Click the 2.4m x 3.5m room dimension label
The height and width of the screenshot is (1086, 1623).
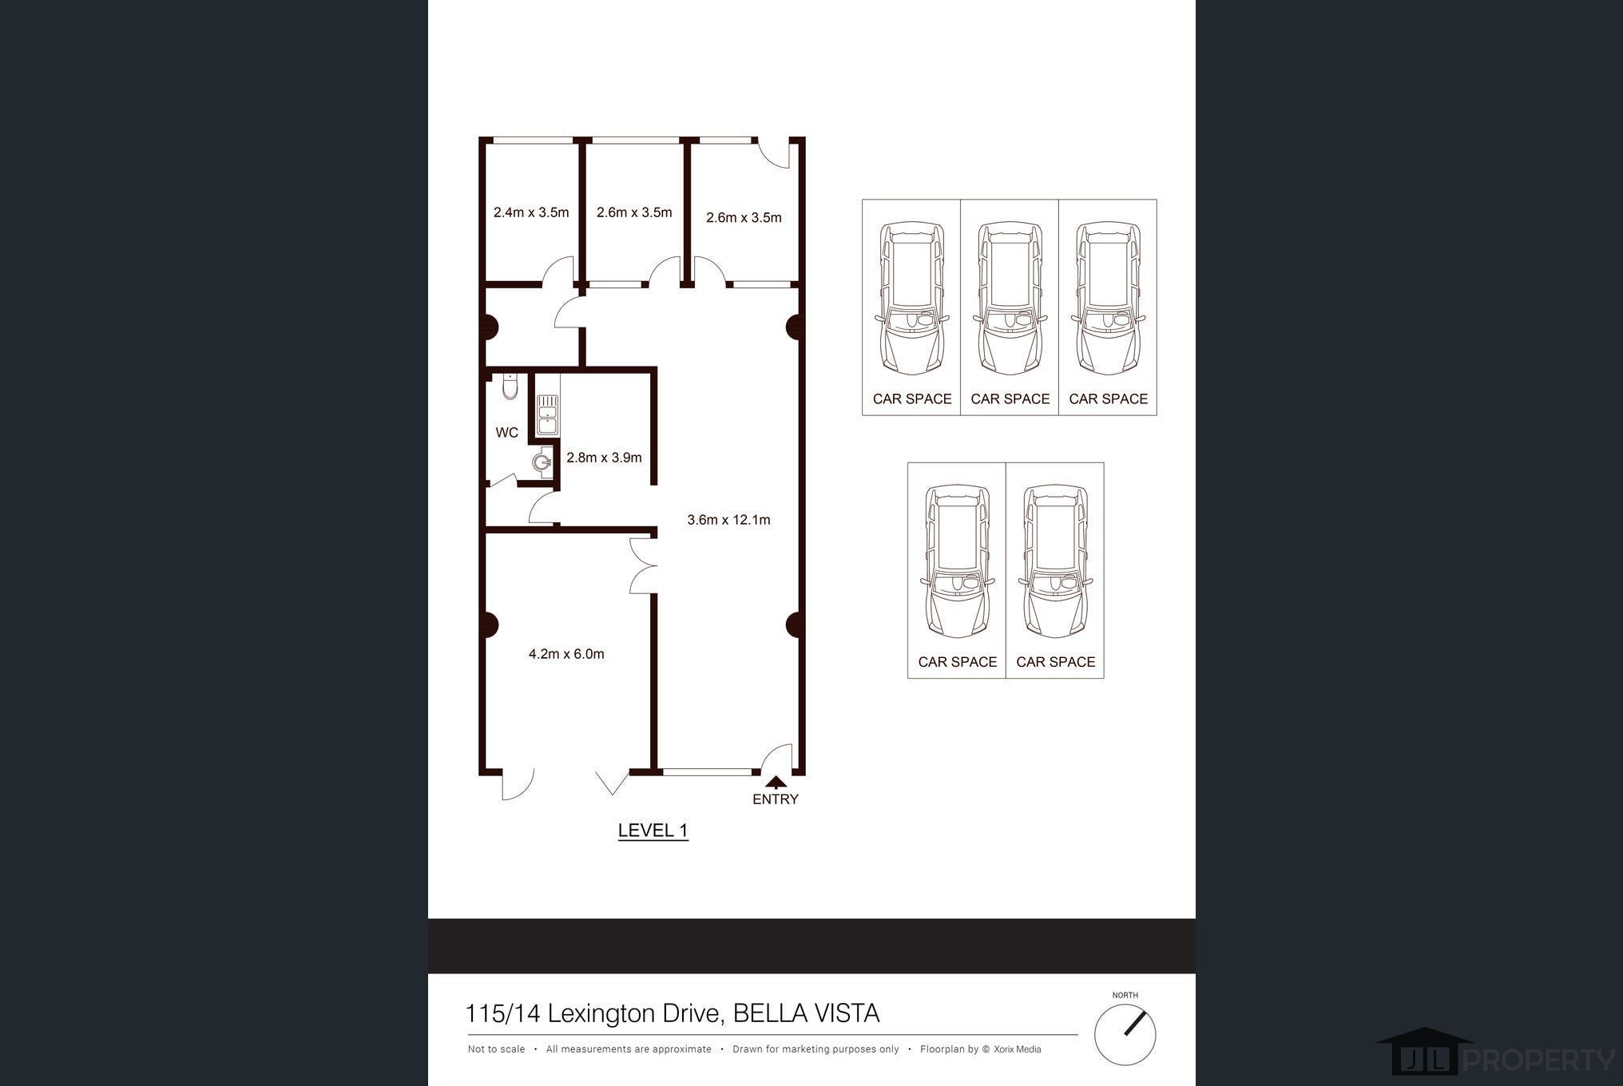click(x=531, y=212)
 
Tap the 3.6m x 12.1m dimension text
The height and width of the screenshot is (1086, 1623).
click(x=728, y=520)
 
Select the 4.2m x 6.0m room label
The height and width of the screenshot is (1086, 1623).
click(x=566, y=654)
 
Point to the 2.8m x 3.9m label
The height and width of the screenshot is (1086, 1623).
click(x=604, y=458)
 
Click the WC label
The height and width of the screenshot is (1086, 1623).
click(x=506, y=433)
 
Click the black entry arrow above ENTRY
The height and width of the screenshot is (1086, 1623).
click(x=776, y=783)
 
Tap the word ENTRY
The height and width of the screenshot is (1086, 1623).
click(x=775, y=799)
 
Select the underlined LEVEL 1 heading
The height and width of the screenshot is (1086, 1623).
click(x=653, y=830)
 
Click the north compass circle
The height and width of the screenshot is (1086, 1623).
click(x=1125, y=1034)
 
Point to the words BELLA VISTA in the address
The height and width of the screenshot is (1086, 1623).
click(x=806, y=1013)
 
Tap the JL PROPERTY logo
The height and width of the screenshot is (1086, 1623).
click(x=1494, y=1055)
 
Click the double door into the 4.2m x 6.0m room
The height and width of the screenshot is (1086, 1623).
click(x=644, y=565)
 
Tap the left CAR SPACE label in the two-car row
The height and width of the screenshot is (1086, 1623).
click(x=957, y=662)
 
